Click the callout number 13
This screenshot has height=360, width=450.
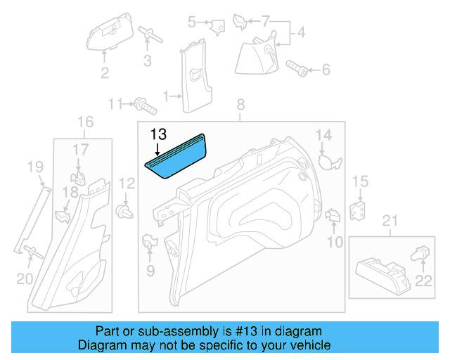[x=158, y=134]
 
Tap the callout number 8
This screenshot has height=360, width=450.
[x=240, y=105]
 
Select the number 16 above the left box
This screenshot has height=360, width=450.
[x=84, y=121]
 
